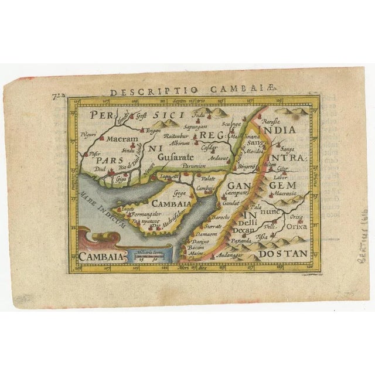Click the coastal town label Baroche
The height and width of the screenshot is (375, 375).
pyautogui.click(x=211, y=217)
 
